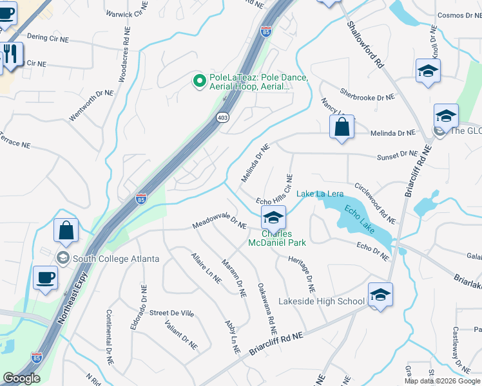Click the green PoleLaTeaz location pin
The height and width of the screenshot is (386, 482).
point(200,81)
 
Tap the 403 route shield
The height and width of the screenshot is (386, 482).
point(222,118)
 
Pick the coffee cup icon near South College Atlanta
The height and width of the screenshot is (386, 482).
point(45,278)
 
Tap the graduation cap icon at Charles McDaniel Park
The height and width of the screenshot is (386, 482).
point(273,218)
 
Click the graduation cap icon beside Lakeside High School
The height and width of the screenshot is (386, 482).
point(380,295)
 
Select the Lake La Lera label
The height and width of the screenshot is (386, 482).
point(320,194)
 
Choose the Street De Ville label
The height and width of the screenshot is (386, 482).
point(171,313)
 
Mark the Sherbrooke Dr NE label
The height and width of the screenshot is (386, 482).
point(367,95)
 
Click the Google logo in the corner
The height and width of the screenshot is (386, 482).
point(21,378)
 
